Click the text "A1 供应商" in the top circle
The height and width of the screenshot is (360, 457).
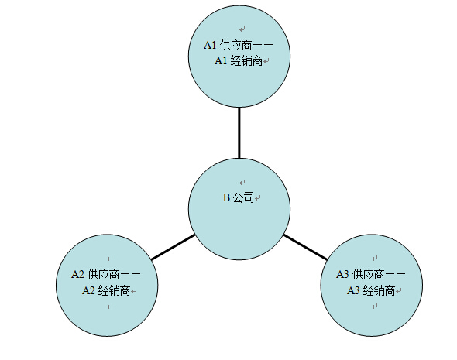point(227,45)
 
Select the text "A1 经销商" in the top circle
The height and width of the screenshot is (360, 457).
point(239,61)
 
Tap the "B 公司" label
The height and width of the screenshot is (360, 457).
point(239,197)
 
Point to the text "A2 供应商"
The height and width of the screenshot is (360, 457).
point(95,274)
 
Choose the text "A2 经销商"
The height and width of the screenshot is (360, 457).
point(106,290)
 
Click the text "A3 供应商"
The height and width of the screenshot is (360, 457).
point(360,274)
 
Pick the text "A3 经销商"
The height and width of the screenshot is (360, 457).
point(371,290)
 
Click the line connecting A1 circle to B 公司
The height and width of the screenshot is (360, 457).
point(239,133)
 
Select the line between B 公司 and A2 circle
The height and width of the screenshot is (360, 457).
point(174,247)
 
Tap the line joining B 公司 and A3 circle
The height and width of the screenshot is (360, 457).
point(305,247)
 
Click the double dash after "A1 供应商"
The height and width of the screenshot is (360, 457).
point(263,45)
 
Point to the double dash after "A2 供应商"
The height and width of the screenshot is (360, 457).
point(130,274)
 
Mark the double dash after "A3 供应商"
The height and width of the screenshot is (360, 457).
point(395,274)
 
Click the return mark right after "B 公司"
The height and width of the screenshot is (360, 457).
point(258,198)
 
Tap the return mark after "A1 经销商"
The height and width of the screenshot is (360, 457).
point(266,61)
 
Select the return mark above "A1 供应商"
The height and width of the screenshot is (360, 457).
point(242,29)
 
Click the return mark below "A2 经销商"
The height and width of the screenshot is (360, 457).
point(110,306)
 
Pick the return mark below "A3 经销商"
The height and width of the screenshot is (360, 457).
point(375,306)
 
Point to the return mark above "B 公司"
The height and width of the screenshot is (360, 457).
point(242,183)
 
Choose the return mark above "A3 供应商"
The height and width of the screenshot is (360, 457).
point(375,259)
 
